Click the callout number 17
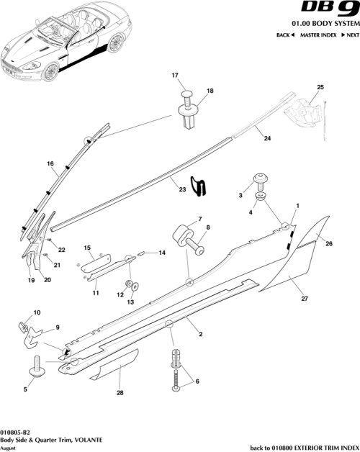(x=174, y=76)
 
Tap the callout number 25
(x=320, y=87)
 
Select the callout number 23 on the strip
(x=182, y=190)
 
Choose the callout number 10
(x=37, y=312)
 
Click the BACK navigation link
(x=285, y=35)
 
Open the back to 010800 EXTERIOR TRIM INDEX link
(x=302, y=447)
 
